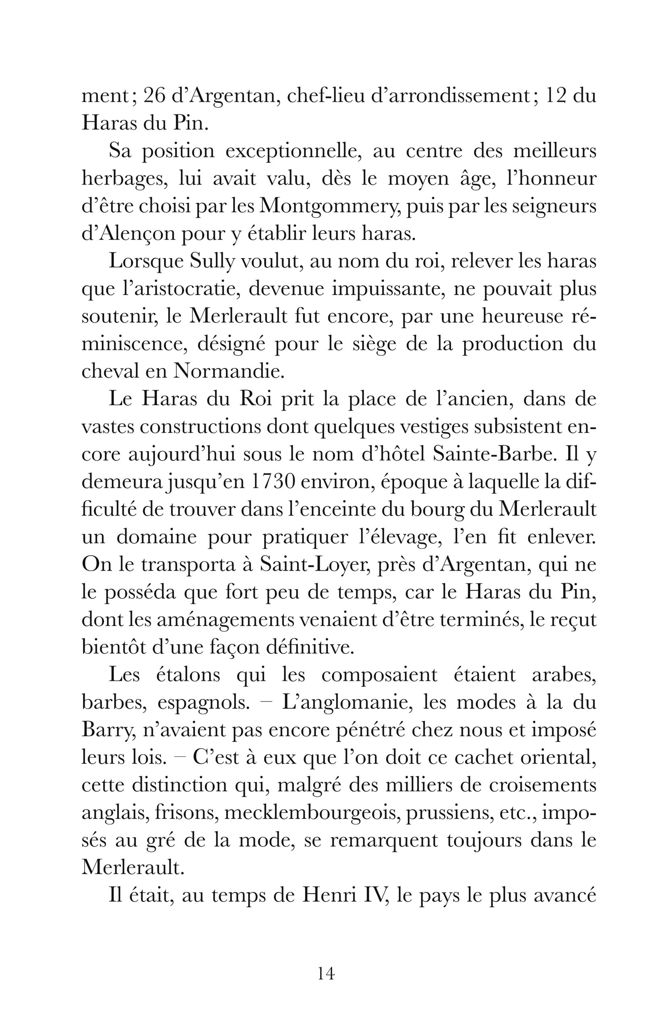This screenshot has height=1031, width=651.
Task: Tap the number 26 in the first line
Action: coord(154,97)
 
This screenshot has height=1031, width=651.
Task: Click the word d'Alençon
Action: coord(128,235)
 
